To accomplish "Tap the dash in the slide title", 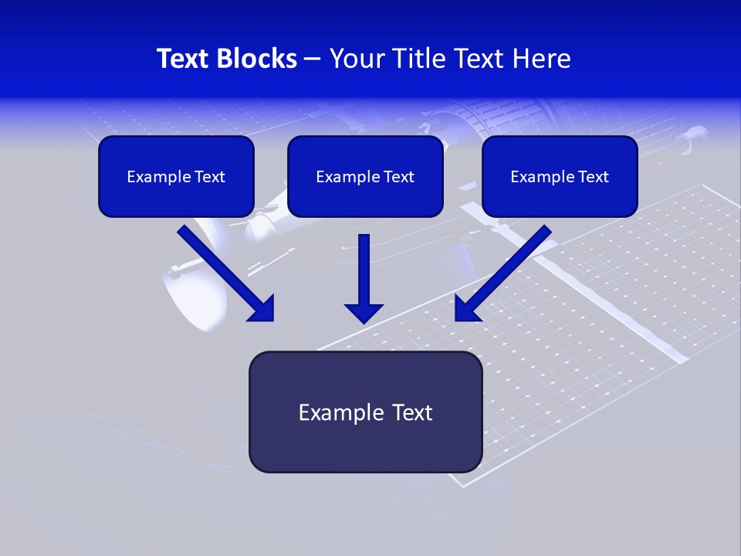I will click(313, 59).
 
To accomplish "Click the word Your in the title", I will click(355, 59).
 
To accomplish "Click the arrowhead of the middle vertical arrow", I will click(364, 313).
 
